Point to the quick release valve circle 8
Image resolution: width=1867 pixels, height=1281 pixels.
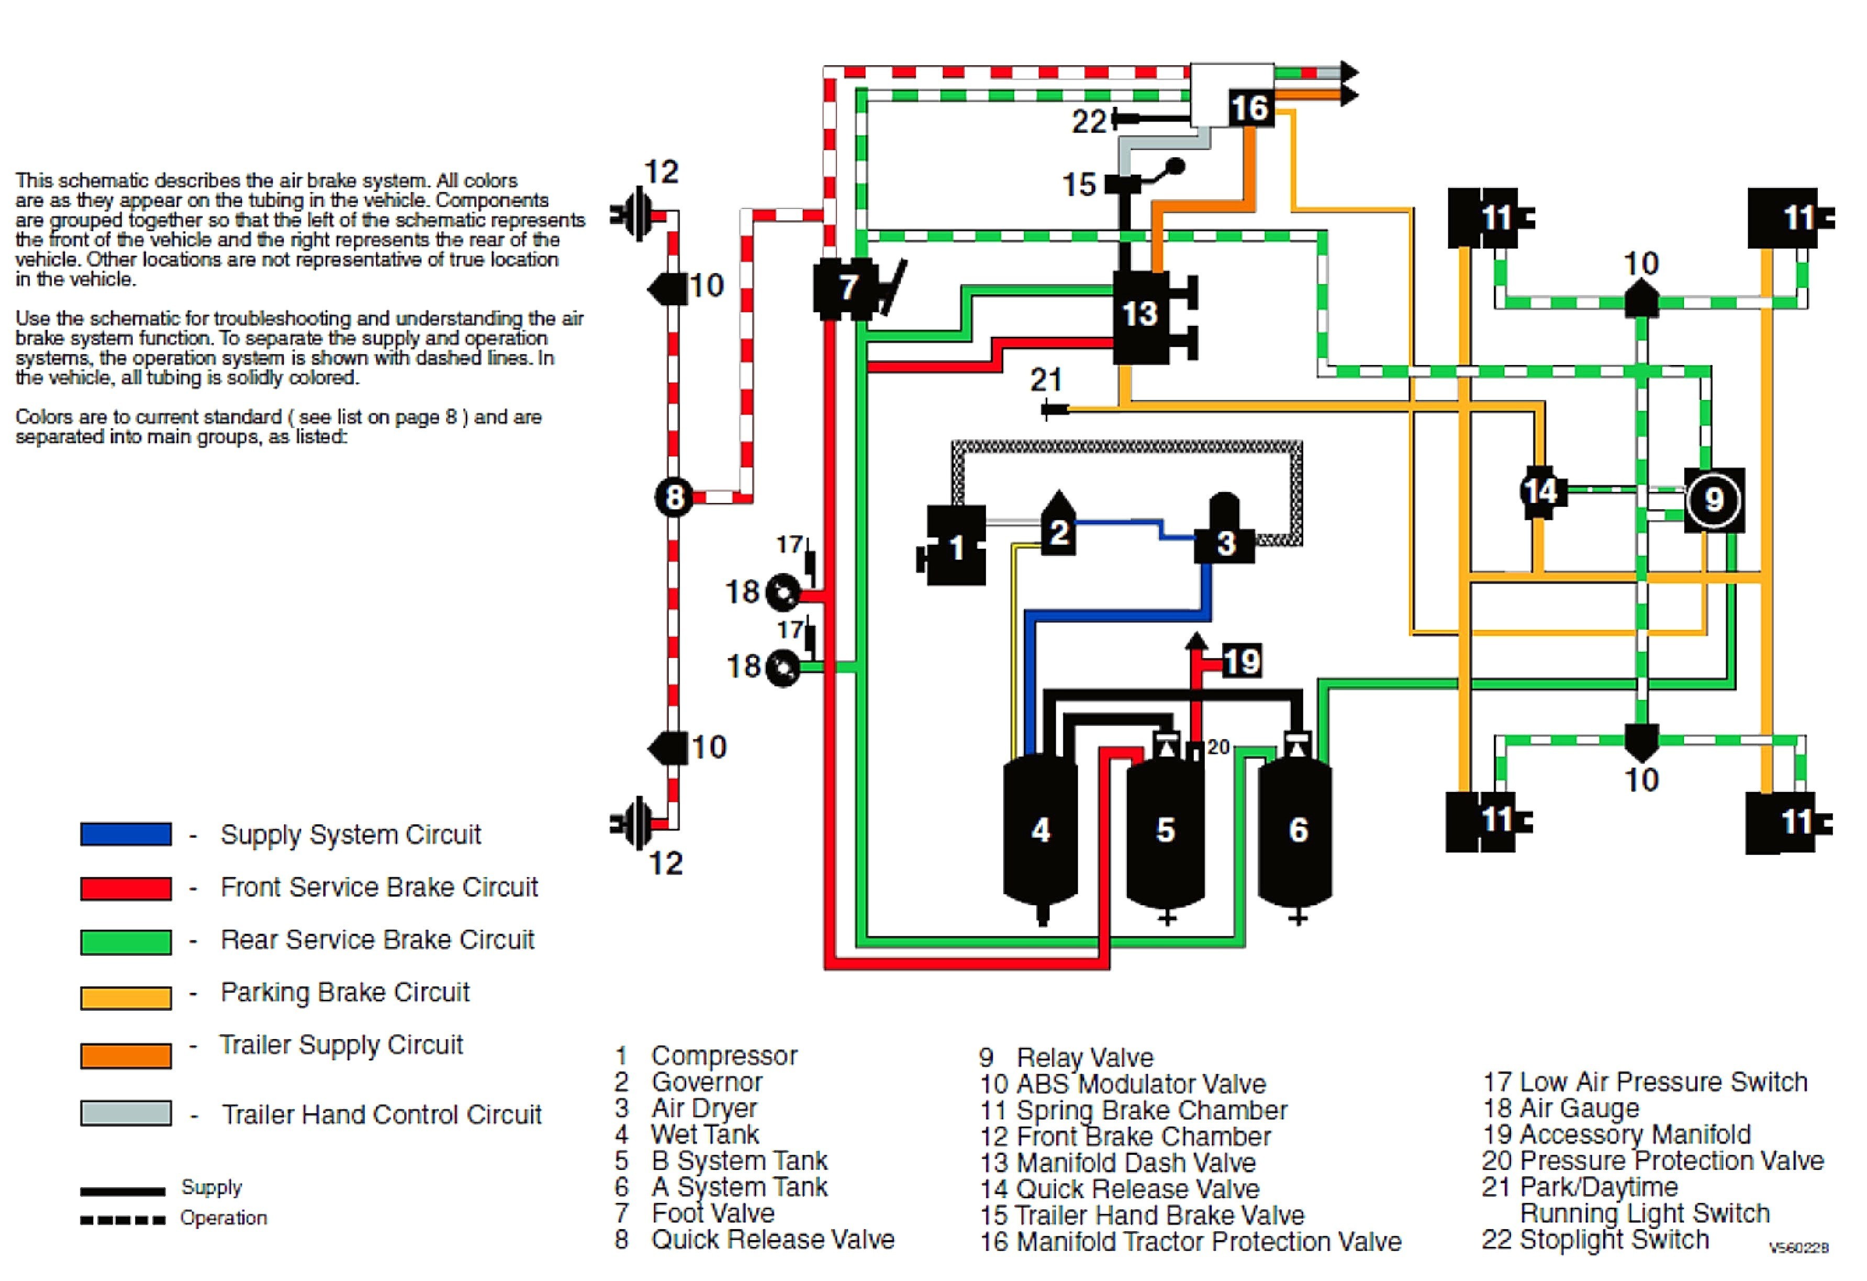point(674,498)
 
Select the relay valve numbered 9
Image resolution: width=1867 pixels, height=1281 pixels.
point(1714,500)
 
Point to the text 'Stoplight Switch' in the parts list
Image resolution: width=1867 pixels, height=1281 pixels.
point(1615,1239)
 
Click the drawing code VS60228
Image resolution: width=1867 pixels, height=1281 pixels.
point(1799,1248)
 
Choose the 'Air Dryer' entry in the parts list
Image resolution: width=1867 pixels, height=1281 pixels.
point(704,1108)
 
